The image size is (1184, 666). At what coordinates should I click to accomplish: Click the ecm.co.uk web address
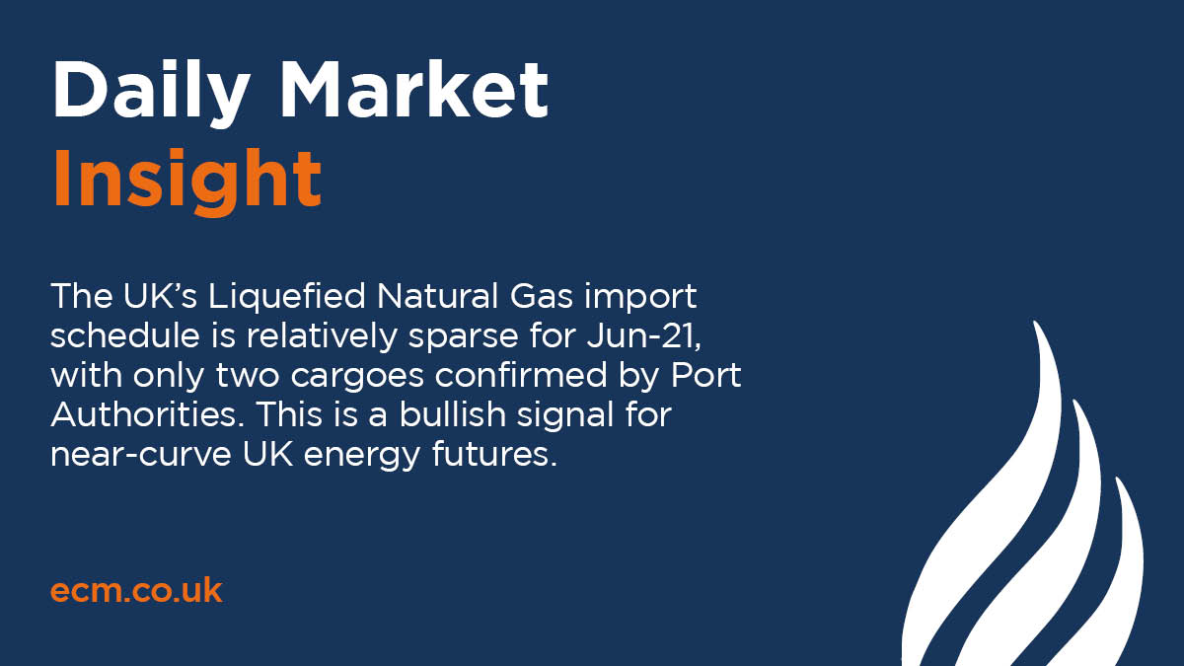pos(136,591)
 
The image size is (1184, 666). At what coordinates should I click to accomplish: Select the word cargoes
pos(417,377)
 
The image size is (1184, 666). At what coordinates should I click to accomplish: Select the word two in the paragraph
pos(294,377)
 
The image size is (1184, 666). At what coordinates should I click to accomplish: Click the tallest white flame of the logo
pos(997,523)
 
